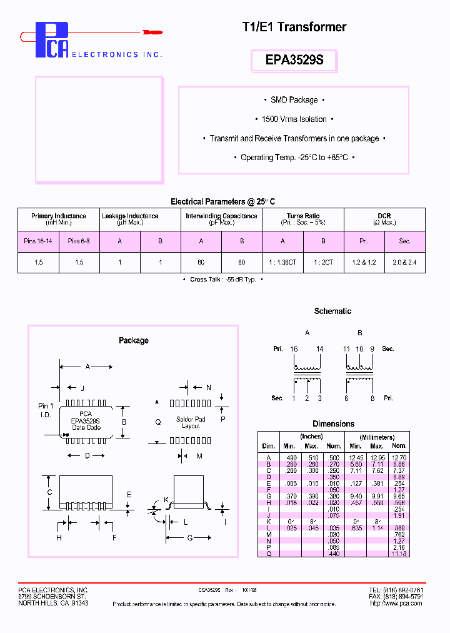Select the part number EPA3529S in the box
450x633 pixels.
pyautogui.click(x=294, y=61)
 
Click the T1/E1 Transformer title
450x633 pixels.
pyautogui.click(x=294, y=27)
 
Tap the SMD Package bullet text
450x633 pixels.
pyautogui.click(x=294, y=100)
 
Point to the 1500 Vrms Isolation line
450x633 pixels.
pyautogui.click(x=294, y=119)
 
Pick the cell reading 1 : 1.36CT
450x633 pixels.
pyautogui.click(x=282, y=263)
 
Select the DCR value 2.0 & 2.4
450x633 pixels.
pyautogui.click(x=404, y=263)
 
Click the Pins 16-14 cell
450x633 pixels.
pyautogui.click(x=39, y=241)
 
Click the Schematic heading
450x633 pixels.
pyautogui.click(x=332, y=311)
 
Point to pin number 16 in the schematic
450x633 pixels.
pyautogui.click(x=294, y=348)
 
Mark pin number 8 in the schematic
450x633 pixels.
pyautogui.click(x=372, y=398)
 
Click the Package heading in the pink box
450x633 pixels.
pyautogui.click(x=134, y=340)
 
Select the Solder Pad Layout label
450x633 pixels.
pyautogui.click(x=191, y=422)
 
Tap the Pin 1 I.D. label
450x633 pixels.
pyautogui.click(x=46, y=410)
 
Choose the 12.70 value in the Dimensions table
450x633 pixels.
pyautogui.click(x=399, y=457)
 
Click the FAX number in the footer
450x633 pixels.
pyautogui.click(x=396, y=597)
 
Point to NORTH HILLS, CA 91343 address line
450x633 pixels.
pyautogui.click(x=53, y=603)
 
